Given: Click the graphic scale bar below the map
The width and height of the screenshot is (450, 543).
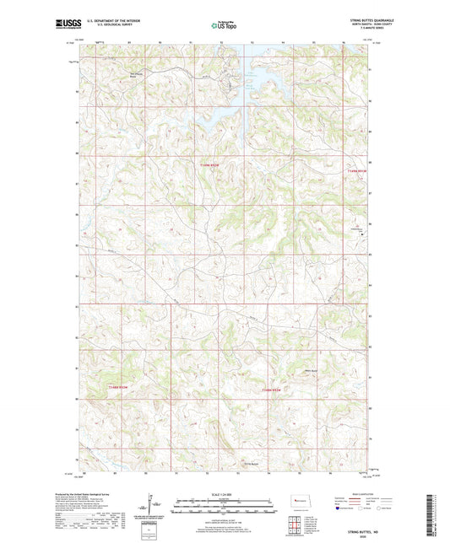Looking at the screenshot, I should [225, 508].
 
